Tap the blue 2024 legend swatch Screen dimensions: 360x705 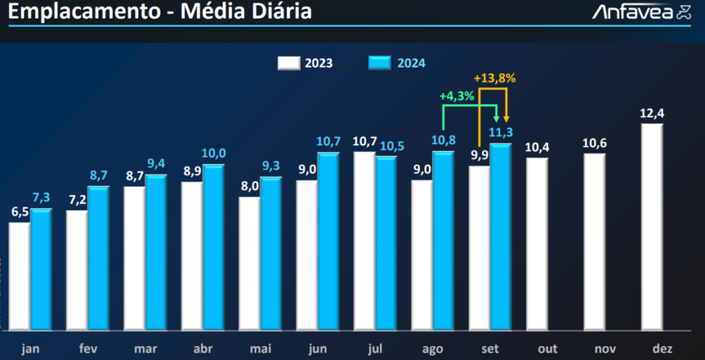coord(379,63)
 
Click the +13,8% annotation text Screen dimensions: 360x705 coord(494,78)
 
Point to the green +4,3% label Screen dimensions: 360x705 coord(456,96)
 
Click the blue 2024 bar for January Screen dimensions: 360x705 coord(41,268)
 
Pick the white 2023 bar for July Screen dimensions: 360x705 coord(364,240)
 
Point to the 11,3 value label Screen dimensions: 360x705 coord(501,132)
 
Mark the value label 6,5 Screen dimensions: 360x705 coord(19,212)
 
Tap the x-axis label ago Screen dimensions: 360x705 coord(433,349)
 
